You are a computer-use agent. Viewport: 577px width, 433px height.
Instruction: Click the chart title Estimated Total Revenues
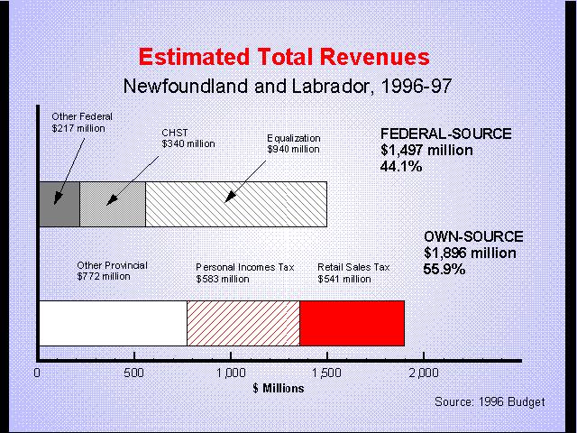coord(284,58)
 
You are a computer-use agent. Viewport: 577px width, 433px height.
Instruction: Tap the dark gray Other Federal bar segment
coord(60,204)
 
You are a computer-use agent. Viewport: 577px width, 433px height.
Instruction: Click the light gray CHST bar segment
coord(113,204)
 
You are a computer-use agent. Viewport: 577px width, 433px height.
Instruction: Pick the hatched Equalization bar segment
coord(235,204)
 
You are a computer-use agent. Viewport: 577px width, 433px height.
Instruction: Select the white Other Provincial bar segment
coord(113,323)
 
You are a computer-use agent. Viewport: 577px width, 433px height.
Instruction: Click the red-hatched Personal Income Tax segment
coord(243,323)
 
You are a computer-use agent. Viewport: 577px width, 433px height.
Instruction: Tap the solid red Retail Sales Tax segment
coord(352,323)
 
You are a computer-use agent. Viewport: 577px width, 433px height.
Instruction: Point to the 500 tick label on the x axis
coord(135,372)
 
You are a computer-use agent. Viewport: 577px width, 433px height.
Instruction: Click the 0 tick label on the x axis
coord(38,372)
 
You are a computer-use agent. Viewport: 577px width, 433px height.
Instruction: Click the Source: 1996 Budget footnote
coord(490,402)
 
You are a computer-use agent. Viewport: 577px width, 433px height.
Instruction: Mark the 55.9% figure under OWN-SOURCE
coord(444,269)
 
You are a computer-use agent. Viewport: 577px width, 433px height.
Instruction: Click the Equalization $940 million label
coord(295,143)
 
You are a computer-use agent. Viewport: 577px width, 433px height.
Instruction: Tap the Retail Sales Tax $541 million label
coord(353,273)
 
